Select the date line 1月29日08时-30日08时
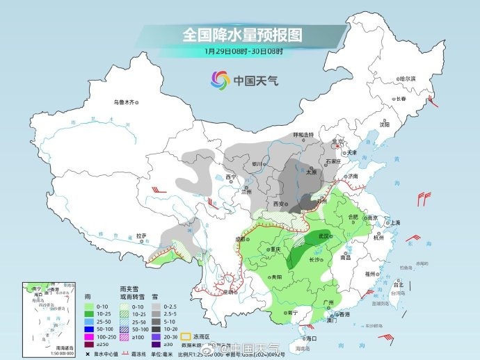[x=243, y=51]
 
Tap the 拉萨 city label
[x=141, y=236]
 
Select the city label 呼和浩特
[x=303, y=134]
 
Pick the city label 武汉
[x=325, y=237]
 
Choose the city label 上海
[x=395, y=222]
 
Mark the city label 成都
[x=241, y=238]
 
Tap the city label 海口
[x=311, y=338]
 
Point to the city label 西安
[x=280, y=204]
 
